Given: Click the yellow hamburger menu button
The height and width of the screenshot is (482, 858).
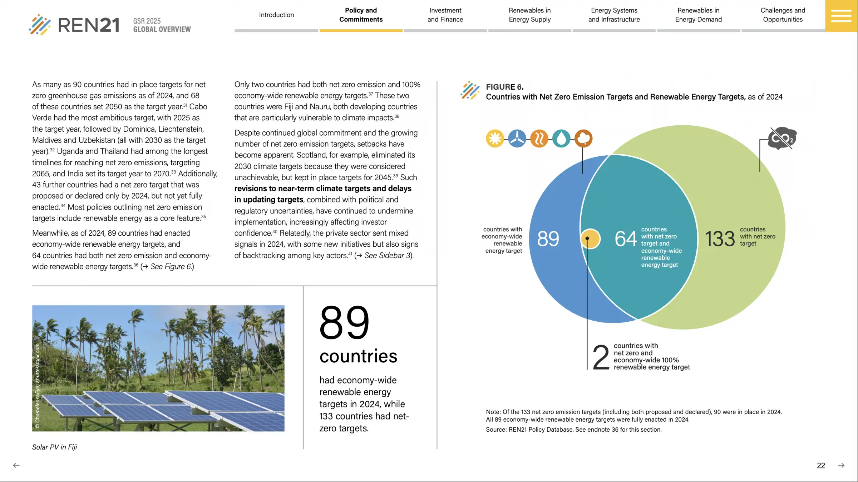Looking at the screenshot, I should [841, 16].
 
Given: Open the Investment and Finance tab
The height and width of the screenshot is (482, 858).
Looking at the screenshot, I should [445, 15].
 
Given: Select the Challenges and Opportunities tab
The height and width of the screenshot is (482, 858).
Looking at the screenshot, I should [783, 15].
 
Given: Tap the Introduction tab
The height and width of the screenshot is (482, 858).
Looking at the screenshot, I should [276, 15].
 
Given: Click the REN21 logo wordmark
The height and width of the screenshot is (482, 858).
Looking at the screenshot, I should [88, 25].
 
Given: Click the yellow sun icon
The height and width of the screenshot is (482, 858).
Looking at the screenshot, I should [495, 139].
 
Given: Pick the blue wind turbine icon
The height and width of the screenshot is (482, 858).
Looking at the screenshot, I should [517, 139].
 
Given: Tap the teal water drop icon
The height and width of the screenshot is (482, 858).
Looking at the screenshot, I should [561, 139].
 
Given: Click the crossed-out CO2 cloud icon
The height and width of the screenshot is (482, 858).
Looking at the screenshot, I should [782, 138].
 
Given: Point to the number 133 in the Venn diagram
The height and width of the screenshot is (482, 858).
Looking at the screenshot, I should [720, 239].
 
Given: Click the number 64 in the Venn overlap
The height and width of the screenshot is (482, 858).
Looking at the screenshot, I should [626, 239].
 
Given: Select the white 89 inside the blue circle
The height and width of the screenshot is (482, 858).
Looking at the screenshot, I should [548, 239].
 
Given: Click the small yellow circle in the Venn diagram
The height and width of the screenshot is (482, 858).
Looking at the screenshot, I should [591, 239].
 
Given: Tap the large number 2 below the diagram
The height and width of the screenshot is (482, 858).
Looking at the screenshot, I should [601, 357].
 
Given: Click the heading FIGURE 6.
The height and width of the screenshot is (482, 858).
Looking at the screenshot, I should [504, 87].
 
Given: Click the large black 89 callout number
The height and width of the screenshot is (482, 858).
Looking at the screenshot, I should [344, 323].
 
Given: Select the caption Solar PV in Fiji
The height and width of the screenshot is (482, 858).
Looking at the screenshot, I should [55, 447].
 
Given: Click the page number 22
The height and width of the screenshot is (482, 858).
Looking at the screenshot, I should [821, 466].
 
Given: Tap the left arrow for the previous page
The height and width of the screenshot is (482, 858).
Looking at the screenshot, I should [16, 465].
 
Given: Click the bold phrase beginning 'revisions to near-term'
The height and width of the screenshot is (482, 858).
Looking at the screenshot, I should [322, 189].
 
